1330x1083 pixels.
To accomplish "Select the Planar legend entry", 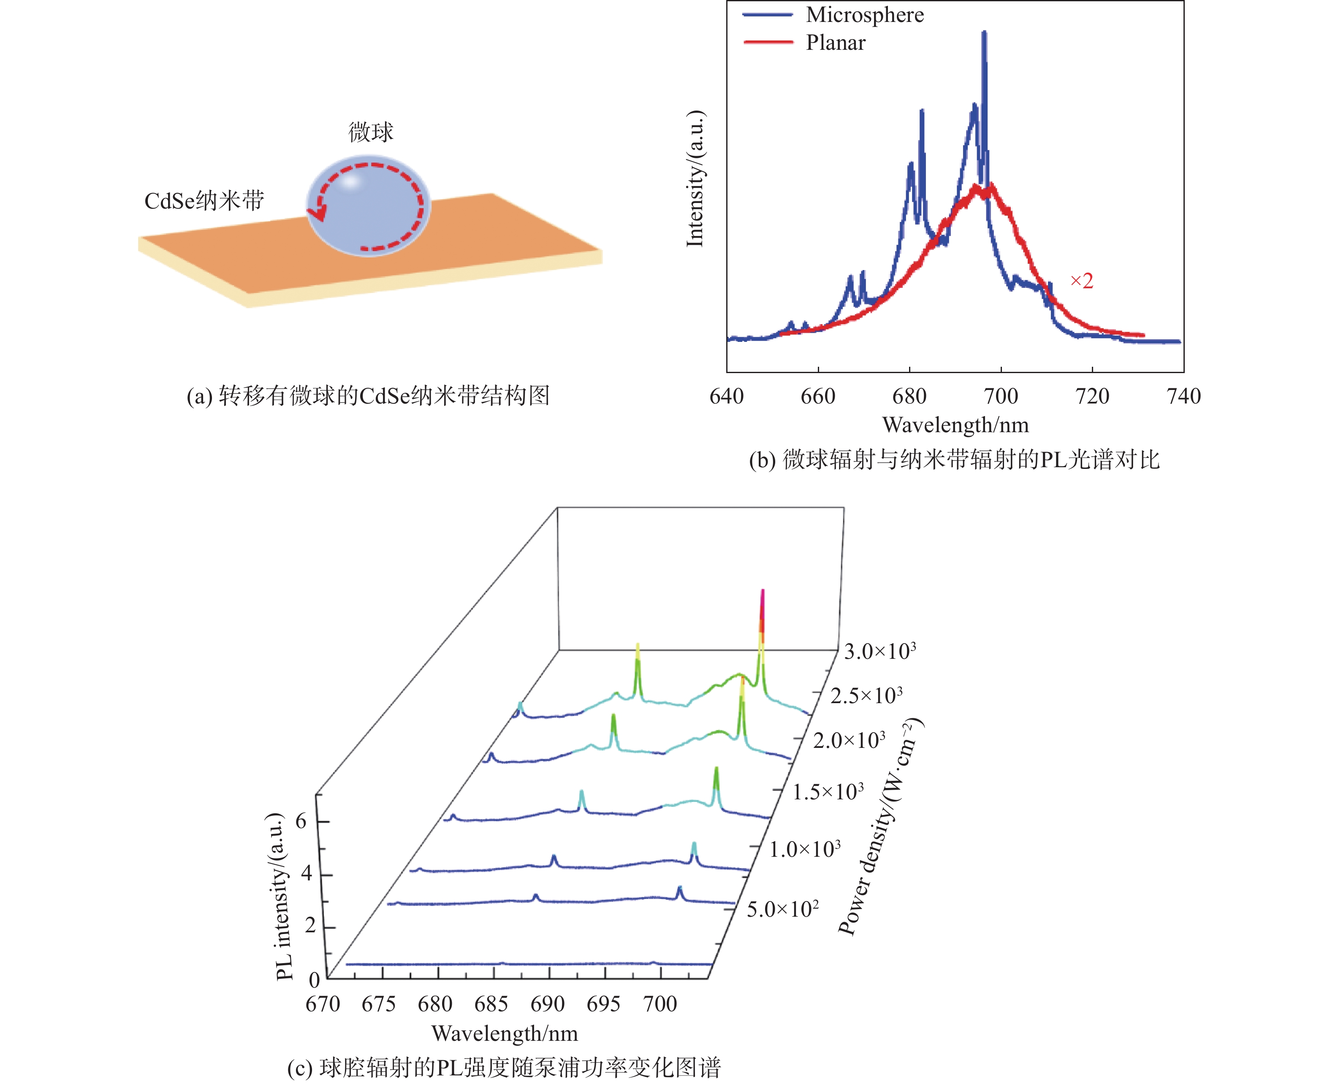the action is coord(836,43).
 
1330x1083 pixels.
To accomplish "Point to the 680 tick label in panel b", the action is coord(909,396).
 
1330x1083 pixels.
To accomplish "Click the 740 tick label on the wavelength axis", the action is coord(1183,396).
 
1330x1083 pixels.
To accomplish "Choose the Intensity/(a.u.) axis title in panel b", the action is coord(695,179).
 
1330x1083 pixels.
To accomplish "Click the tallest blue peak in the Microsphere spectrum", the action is coord(984,32).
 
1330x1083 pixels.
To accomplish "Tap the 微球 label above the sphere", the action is coord(371,132).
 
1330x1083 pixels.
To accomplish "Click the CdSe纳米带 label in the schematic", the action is coord(204,201).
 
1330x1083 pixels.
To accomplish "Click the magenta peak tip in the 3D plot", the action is coord(762,591).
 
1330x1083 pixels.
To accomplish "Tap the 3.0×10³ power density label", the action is coord(880,651).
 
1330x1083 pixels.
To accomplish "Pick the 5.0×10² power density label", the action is coord(783,908).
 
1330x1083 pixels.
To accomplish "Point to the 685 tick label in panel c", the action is coord(491,1004).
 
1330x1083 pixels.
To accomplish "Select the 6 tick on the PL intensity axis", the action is coord(301,821).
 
